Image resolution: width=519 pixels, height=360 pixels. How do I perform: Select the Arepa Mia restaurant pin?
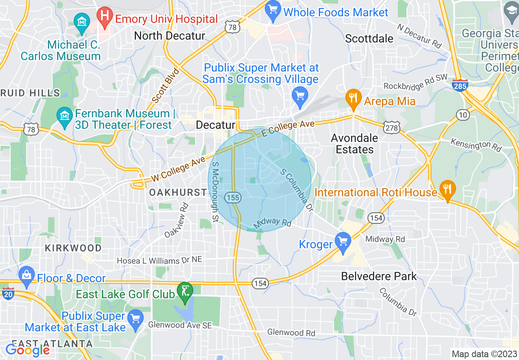[x=352, y=99]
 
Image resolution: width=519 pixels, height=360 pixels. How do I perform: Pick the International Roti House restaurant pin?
[x=447, y=189]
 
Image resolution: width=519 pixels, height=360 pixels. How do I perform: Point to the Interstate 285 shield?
[x=460, y=85]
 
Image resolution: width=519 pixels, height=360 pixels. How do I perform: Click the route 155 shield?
[x=233, y=198]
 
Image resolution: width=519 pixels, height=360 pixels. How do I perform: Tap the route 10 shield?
[x=463, y=115]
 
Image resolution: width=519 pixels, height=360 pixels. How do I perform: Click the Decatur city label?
[x=215, y=125]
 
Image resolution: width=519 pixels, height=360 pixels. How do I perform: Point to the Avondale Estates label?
[x=354, y=144]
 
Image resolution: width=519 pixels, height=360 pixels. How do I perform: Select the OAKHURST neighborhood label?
[x=178, y=192]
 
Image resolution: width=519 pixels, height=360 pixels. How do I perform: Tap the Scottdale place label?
[x=369, y=38]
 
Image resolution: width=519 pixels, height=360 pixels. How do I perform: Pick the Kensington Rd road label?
[x=476, y=144]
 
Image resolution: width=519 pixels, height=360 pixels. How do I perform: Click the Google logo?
[x=27, y=350]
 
